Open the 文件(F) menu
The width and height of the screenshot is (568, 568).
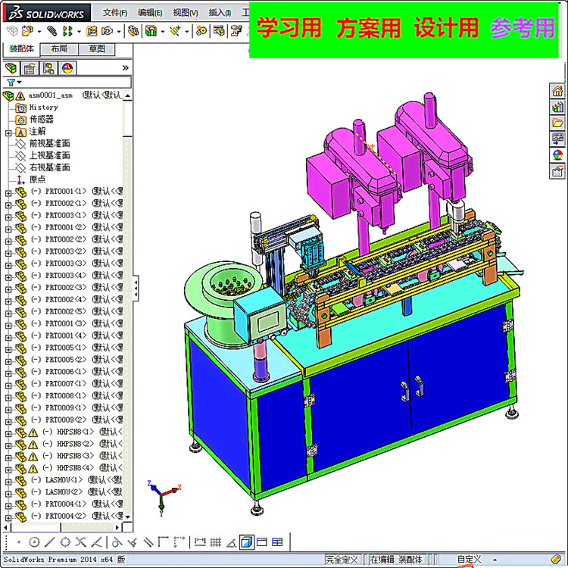click(x=115, y=13)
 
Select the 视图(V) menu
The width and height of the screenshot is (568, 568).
click(x=185, y=13)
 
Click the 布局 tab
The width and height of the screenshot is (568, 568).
click(x=58, y=49)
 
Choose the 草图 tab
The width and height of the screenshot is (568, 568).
click(x=96, y=49)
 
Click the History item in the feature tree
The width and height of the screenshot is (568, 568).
click(x=43, y=108)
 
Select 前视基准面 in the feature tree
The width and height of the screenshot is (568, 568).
click(x=49, y=143)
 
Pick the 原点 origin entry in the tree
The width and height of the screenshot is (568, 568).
click(x=37, y=179)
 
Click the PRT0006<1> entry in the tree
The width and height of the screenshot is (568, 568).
click(x=66, y=372)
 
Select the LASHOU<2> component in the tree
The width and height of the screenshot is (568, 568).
click(x=65, y=492)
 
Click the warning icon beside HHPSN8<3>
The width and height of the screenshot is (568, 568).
click(x=33, y=456)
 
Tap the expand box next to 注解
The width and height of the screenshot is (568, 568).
click(x=8, y=132)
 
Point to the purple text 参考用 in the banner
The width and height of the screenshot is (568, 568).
click(x=522, y=29)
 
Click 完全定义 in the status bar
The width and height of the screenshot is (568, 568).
click(x=342, y=560)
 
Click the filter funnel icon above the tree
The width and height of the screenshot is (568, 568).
click(x=11, y=82)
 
